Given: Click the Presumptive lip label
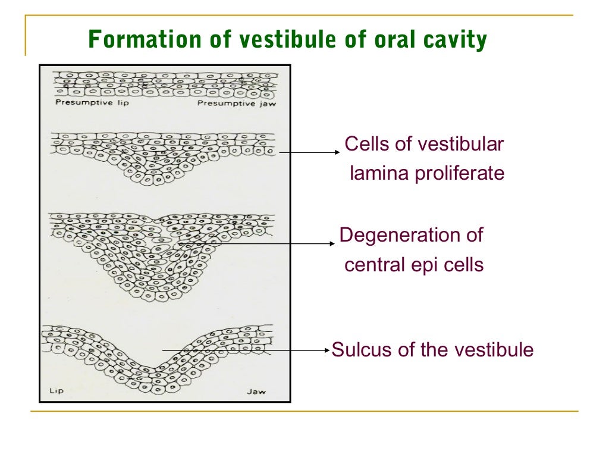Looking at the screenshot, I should [x=92, y=103].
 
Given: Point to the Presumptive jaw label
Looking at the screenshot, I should [x=237, y=103].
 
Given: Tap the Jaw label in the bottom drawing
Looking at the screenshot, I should [x=256, y=392].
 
